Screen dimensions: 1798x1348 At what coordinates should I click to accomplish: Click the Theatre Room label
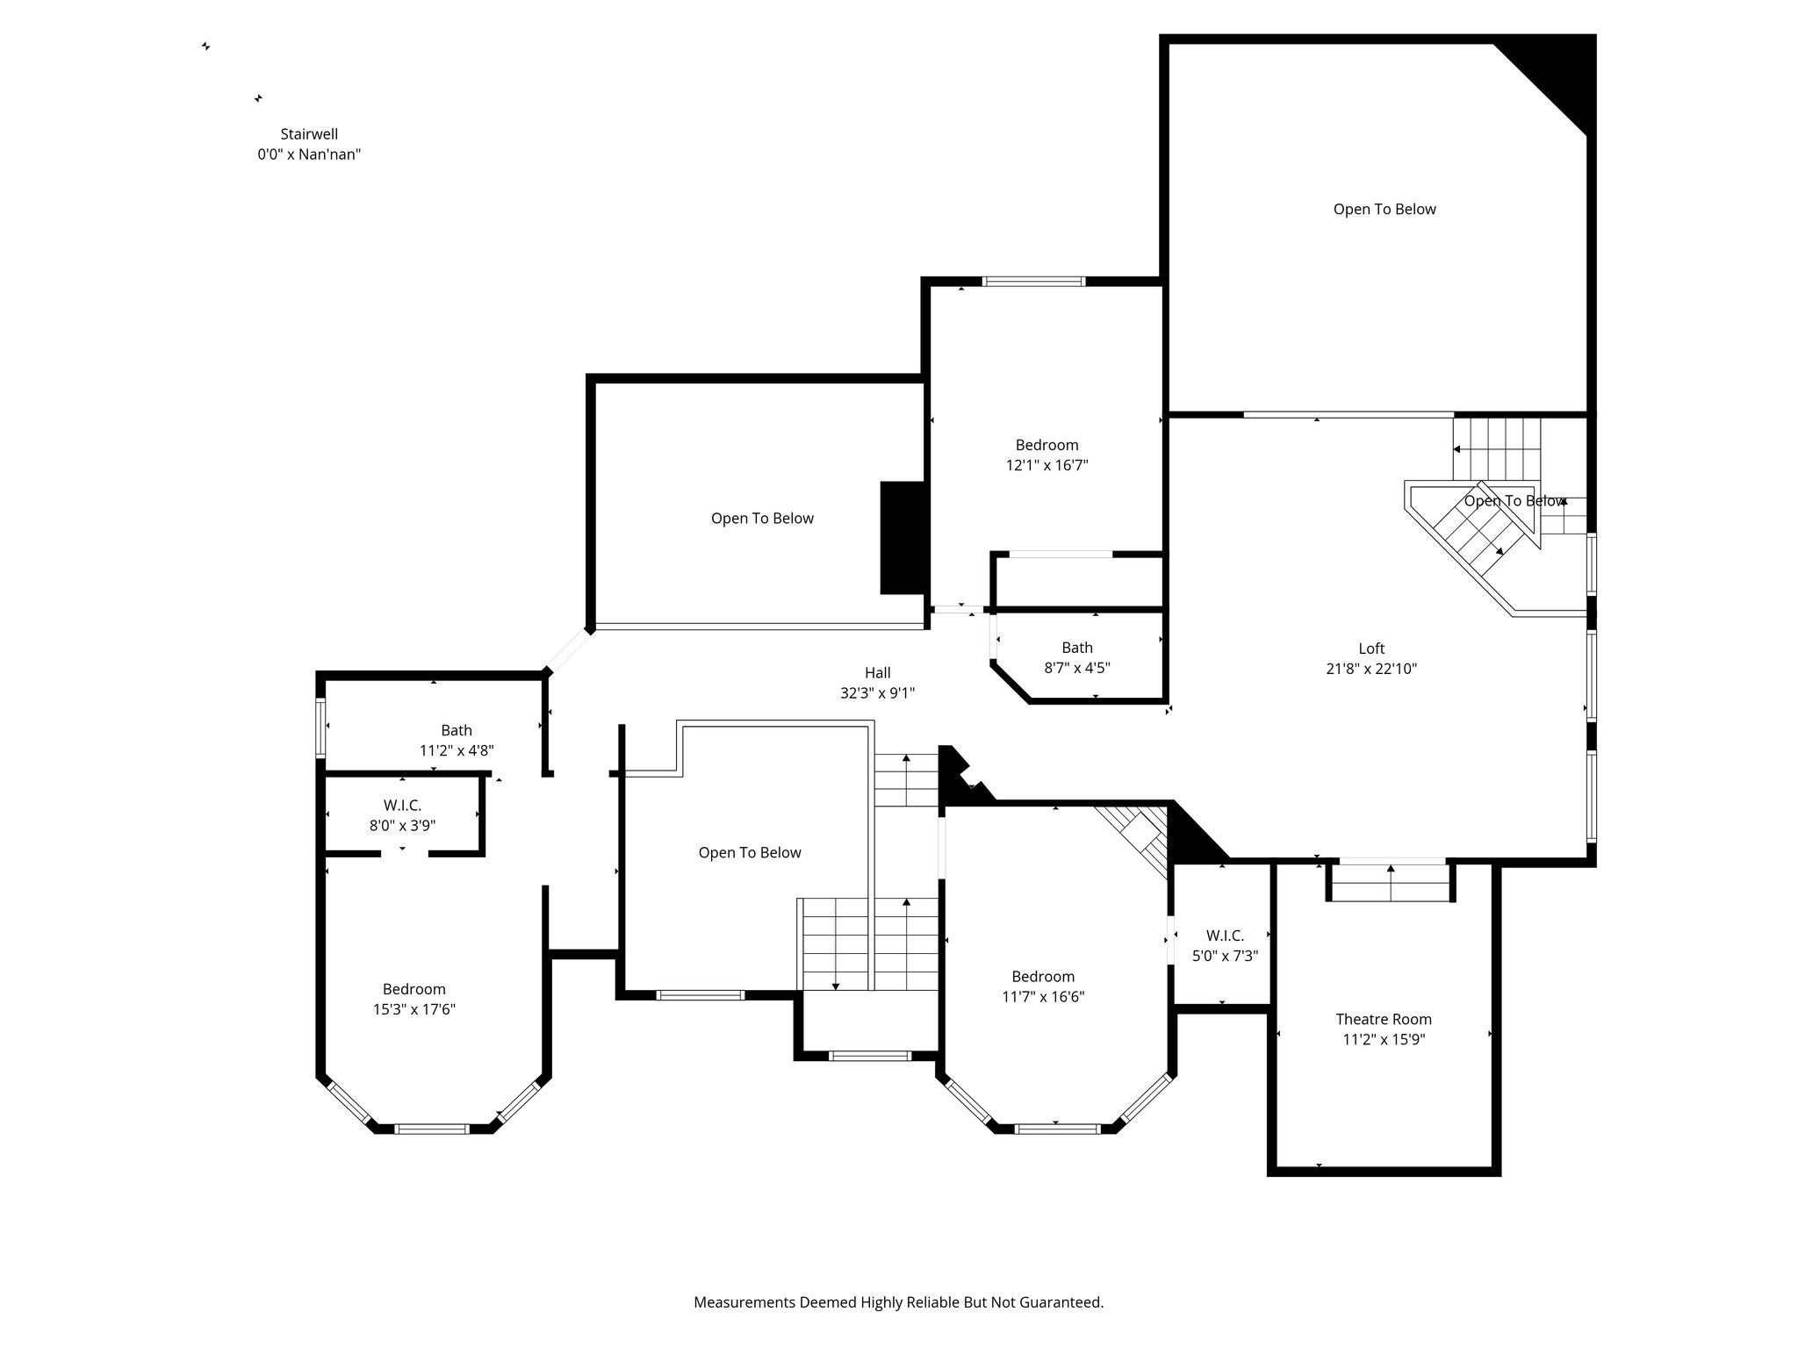tap(1384, 1019)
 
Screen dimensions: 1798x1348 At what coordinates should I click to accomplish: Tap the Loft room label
tap(1371, 649)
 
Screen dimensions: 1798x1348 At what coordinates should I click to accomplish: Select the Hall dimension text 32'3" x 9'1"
tap(877, 692)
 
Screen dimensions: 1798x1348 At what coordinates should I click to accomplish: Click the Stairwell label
tap(309, 134)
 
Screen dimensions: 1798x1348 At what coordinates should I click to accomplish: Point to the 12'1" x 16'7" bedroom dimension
tap(1046, 465)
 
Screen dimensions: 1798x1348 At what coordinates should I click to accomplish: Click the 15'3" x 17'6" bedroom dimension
tap(414, 1009)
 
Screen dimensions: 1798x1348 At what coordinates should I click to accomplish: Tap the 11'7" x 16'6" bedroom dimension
tap(1043, 997)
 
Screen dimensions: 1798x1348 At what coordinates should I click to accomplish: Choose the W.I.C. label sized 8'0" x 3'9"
tap(402, 805)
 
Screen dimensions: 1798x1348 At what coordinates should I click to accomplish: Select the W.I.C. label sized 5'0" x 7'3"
tap(1225, 936)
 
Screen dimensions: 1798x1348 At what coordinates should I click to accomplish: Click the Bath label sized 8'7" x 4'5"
tap(1077, 648)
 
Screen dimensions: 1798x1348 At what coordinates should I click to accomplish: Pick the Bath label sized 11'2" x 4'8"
tap(457, 730)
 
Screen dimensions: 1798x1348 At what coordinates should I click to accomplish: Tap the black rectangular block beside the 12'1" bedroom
tap(903, 538)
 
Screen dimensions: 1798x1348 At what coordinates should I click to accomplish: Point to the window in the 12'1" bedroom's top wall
tap(1033, 282)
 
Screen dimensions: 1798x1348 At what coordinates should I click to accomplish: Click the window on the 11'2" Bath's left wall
tap(320, 727)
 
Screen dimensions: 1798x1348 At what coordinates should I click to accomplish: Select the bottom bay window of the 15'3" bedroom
tap(432, 1129)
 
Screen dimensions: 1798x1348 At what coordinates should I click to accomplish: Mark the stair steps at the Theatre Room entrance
tap(1390, 882)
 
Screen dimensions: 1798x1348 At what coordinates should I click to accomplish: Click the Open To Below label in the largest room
tap(1384, 209)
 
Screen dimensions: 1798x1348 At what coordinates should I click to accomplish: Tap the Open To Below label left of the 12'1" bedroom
tap(762, 518)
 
